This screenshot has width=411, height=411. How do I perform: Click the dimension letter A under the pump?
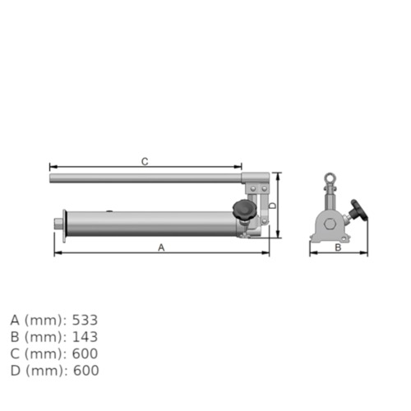(x=161, y=247)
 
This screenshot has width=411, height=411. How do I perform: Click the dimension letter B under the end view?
(x=338, y=247)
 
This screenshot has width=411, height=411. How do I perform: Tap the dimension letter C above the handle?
(x=145, y=161)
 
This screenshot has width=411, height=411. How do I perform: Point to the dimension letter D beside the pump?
(x=272, y=205)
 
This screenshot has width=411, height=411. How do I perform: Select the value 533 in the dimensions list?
(x=85, y=319)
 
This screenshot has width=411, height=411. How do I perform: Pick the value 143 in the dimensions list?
(x=85, y=336)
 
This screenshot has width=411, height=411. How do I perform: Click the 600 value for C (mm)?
(x=85, y=353)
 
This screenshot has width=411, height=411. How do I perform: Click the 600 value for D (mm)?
(x=85, y=371)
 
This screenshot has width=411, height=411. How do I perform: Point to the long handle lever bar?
(x=148, y=177)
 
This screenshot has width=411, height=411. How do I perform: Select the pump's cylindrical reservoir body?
(x=148, y=223)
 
